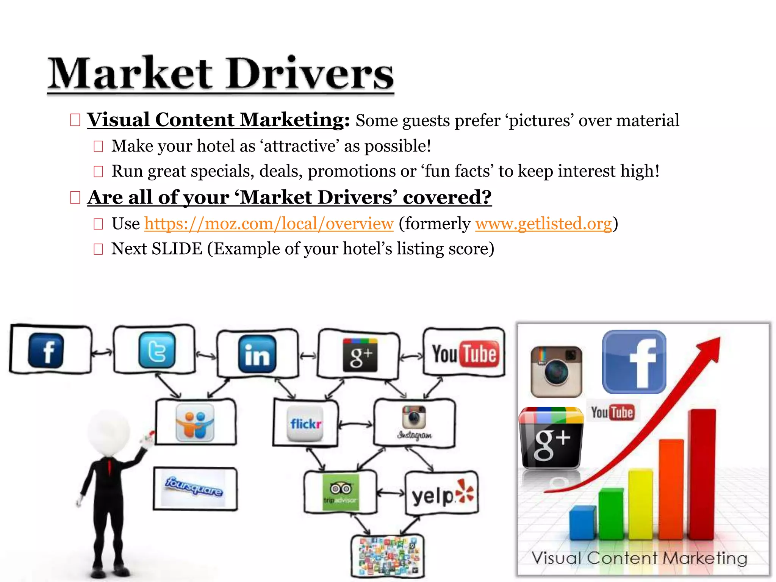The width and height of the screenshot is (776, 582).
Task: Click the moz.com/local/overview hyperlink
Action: click(269, 224)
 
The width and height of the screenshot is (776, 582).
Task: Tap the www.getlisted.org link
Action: click(543, 224)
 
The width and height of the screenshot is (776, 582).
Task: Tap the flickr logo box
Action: click(305, 424)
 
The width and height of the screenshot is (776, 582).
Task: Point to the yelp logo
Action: click(442, 494)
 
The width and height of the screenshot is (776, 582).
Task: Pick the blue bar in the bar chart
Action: click(582, 523)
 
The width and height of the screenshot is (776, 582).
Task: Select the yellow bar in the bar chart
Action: click(640, 504)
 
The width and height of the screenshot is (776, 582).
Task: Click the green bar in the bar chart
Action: click(611, 513)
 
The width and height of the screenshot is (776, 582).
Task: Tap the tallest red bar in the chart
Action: click(702, 474)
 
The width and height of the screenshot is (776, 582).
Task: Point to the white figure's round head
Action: click(109, 432)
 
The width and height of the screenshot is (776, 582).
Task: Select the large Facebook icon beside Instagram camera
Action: click(634, 362)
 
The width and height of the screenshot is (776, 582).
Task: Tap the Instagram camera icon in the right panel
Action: click(556, 371)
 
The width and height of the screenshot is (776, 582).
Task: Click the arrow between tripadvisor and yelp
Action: click(391, 493)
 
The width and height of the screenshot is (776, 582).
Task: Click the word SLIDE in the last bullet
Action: click(177, 249)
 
